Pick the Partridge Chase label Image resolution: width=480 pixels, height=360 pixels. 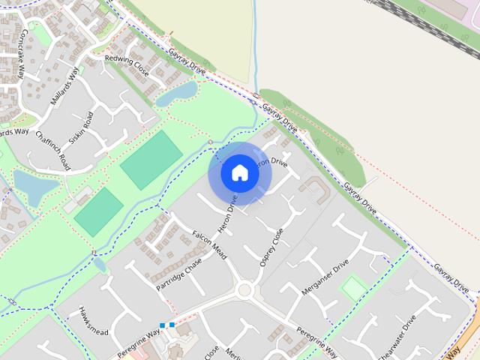point(179,275)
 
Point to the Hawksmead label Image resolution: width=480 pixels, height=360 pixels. point(94,320)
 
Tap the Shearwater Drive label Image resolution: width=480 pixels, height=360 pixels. point(398,337)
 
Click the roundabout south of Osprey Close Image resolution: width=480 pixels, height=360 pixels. point(244,290)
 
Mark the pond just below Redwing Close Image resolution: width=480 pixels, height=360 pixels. point(177,93)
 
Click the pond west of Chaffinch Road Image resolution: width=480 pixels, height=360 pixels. point(34,185)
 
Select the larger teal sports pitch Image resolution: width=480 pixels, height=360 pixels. point(151,159)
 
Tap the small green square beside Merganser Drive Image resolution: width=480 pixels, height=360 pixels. point(353,289)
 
